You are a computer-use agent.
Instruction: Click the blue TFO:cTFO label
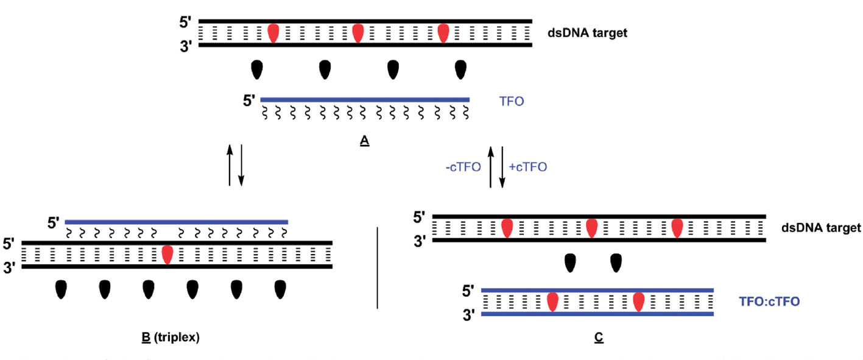pos(769,301)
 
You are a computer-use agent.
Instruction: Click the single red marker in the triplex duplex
pos(167,254)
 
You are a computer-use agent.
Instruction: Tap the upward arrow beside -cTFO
pos(491,167)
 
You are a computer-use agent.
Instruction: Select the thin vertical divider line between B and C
pos(378,267)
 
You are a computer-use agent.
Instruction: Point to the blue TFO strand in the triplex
pos(176,222)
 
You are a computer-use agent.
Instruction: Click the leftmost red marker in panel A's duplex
pos(273,33)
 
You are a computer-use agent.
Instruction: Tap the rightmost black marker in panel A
pos(461,70)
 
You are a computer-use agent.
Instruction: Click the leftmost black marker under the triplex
pos(61,289)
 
